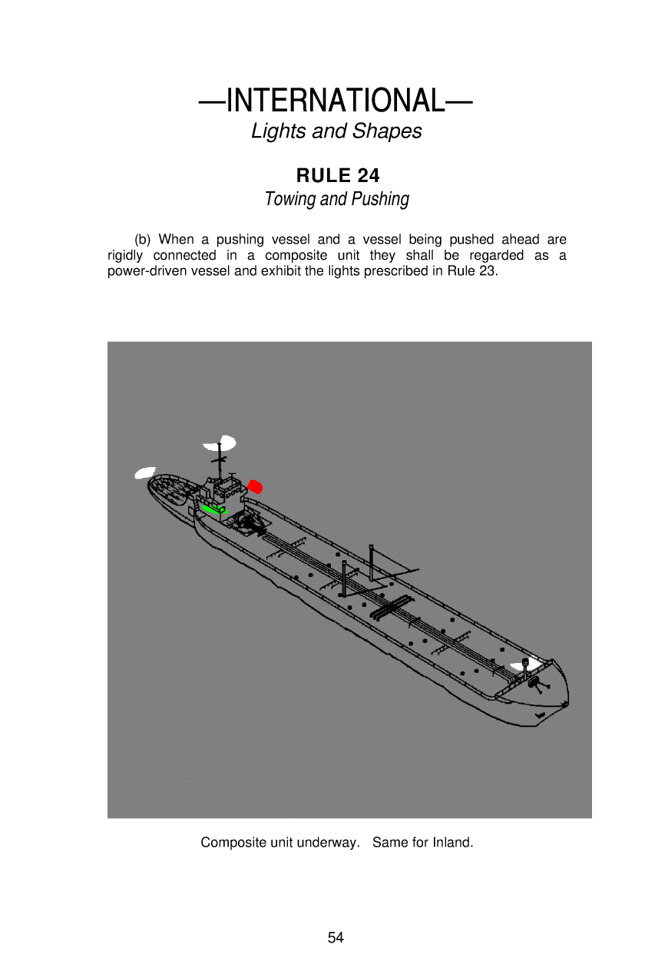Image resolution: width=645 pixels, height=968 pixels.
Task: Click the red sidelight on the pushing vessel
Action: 256,486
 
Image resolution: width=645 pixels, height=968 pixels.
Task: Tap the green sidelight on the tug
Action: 213,509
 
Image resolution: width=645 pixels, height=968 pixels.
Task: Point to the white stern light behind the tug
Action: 144,472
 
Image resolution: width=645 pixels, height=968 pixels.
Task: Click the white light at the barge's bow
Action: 524,662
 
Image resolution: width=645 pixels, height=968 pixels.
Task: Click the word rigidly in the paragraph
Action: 127,255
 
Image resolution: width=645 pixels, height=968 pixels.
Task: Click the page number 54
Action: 336,937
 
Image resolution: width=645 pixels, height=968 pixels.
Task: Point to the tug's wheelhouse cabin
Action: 224,489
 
